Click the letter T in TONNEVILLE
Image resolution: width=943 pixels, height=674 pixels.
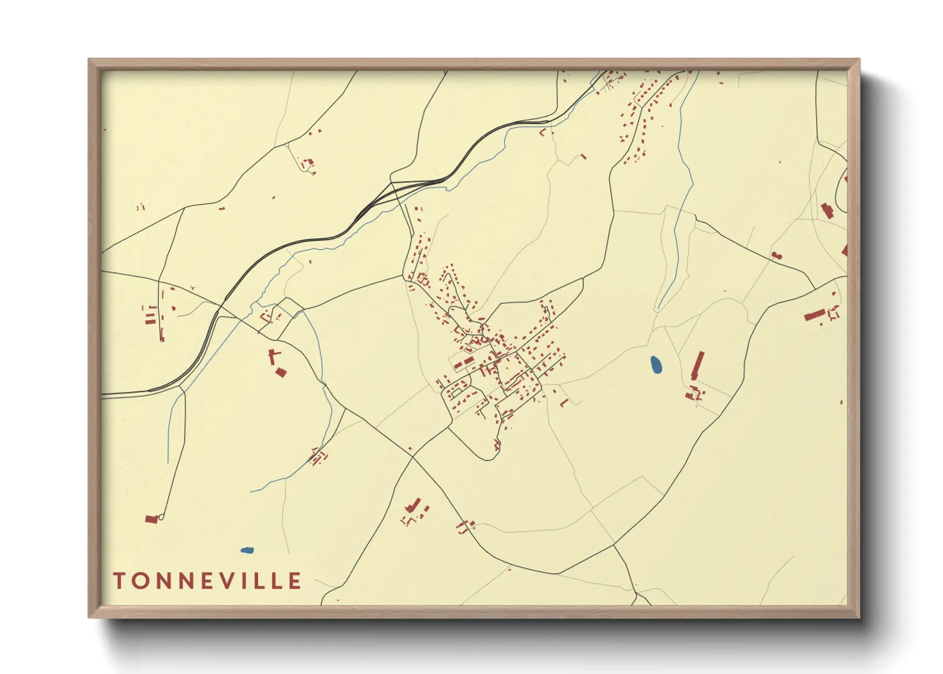click(x=119, y=581)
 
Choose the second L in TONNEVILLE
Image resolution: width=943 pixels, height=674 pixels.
click(x=277, y=581)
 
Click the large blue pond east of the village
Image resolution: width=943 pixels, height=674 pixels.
click(x=656, y=365)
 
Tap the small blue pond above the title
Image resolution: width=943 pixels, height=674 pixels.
click(x=247, y=550)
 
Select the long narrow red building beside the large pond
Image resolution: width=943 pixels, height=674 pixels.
click(x=698, y=366)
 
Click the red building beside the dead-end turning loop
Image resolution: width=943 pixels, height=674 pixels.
click(x=151, y=519)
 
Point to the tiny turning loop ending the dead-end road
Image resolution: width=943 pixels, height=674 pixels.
click(x=161, y=517)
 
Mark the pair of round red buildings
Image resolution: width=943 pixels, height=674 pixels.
click(x=775, y=255)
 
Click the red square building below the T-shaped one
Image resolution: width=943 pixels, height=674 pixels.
click(x=281, y=372)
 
